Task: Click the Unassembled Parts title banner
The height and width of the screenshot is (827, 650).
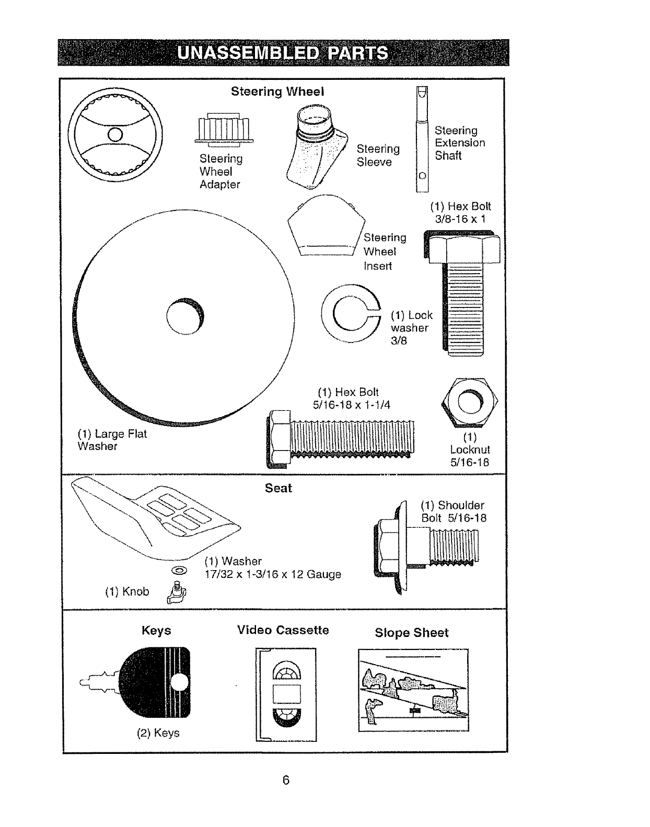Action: tap(283, 53)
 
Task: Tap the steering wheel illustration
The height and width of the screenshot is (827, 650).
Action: tap(116, 134)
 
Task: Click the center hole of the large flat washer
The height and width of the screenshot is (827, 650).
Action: tap(185, 316)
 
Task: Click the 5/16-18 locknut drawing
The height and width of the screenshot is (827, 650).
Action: tap(470, 401)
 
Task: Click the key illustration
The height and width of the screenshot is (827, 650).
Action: tap(152, 681)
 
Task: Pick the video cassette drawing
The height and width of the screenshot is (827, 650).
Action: tap(286, 694)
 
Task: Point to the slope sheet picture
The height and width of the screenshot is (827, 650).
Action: tap(413, 690)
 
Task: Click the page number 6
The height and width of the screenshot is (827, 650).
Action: tap(286, 781)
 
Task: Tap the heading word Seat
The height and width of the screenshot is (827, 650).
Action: tap(278, 488)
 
